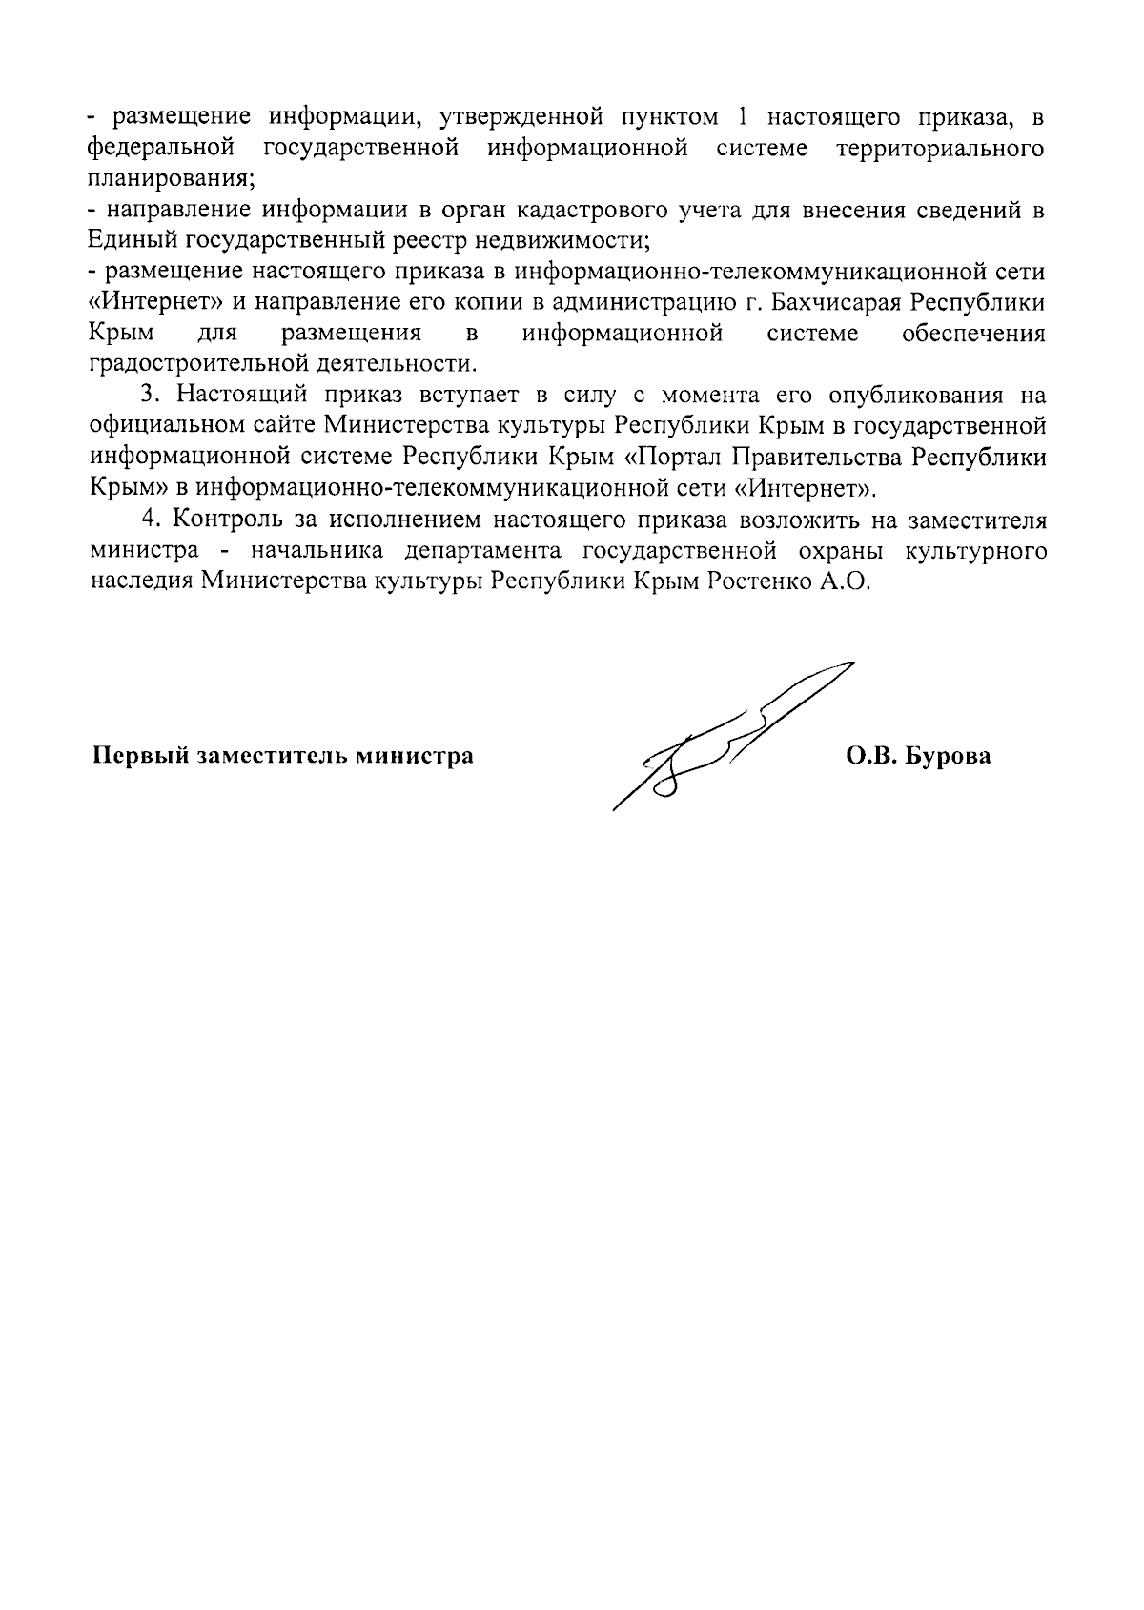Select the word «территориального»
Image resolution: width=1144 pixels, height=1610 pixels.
coord(940,149)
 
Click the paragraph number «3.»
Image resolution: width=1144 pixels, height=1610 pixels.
coord(149,396)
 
